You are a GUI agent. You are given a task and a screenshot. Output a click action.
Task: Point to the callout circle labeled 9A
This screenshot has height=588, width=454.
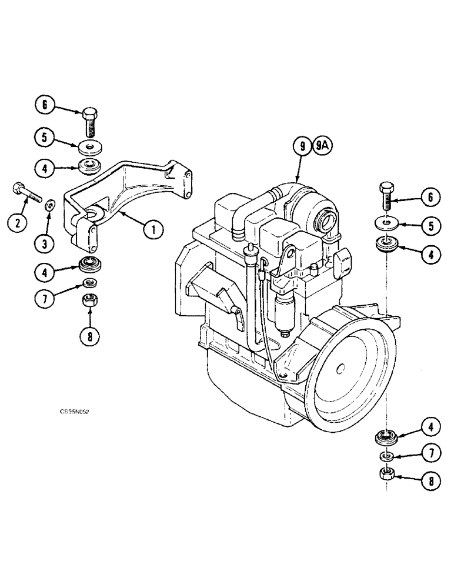(x=323, y=145)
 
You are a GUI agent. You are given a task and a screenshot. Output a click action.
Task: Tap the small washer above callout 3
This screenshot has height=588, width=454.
(x=51, y=205)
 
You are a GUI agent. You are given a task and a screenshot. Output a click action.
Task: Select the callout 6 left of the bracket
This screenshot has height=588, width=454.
(x=43, y=106)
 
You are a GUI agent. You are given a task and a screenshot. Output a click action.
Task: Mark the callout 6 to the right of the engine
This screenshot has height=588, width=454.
(x=430, y=198)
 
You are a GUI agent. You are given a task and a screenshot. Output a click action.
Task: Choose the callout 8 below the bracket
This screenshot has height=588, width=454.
(x=91, y=336)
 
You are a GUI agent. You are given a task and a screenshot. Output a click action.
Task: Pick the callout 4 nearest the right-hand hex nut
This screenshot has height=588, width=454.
(x=430, y=426)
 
